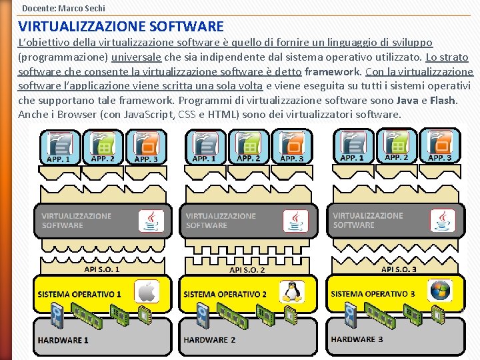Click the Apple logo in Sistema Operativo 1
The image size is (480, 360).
(147, 292)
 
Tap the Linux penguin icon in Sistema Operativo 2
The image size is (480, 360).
(291, 292)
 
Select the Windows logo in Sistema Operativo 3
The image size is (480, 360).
(440, 291)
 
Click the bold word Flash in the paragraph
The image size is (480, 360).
(443, 100)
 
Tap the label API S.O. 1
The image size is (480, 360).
(102, 269)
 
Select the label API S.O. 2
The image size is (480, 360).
(247, 270)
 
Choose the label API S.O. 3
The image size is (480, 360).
(399, 269)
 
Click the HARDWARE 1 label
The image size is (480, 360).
(63, 340)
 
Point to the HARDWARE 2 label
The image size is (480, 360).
(209, 340)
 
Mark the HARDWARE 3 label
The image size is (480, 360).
(357, 339)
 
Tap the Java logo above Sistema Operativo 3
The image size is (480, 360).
(441, 221)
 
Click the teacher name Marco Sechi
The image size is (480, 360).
(82, 8)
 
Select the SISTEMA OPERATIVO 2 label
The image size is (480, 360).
(225, 294)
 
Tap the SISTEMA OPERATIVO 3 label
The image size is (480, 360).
(373, 294)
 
